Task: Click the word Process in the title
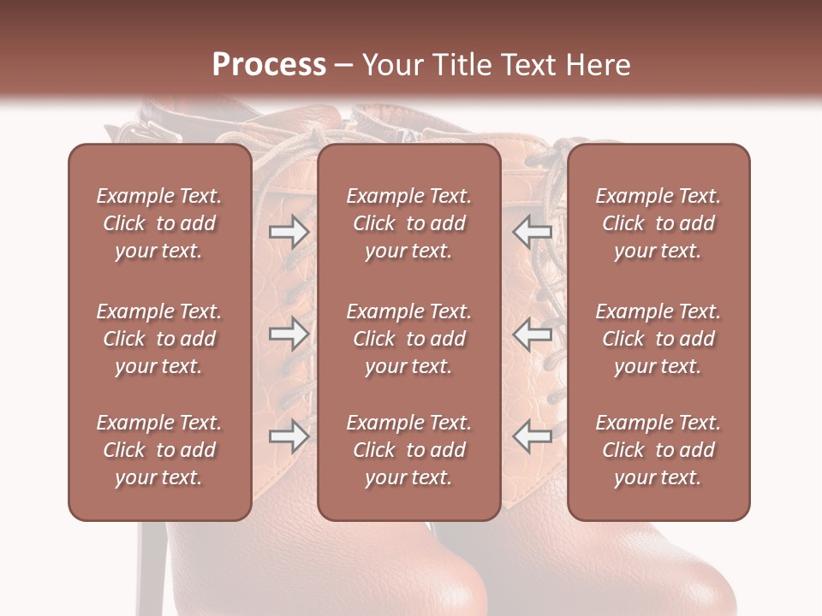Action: click(x=269, y=65)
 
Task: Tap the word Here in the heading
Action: click(x=596, y=65)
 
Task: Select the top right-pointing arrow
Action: click(x=289, y=232)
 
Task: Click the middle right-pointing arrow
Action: click(x=289, y=334)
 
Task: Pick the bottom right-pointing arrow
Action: click(x=289, y=436)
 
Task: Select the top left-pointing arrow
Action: click(x=532, y=232)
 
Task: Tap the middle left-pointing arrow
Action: click(x=532, y=334)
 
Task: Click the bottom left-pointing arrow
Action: click(x=532, y=436)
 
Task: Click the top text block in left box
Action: click(x=159, y=223)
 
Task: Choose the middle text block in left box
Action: click(x=159, y=339)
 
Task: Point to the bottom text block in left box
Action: click(x=159, y=450)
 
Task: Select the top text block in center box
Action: click(x=409, y=223)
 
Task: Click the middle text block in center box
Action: click(x=409, y=339)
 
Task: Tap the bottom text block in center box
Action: click(x=409, y=450)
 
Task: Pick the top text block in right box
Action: click(x=658, y=223)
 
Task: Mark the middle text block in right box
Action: click(x=658, y=339)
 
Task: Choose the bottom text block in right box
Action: click(x=658, y=450)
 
